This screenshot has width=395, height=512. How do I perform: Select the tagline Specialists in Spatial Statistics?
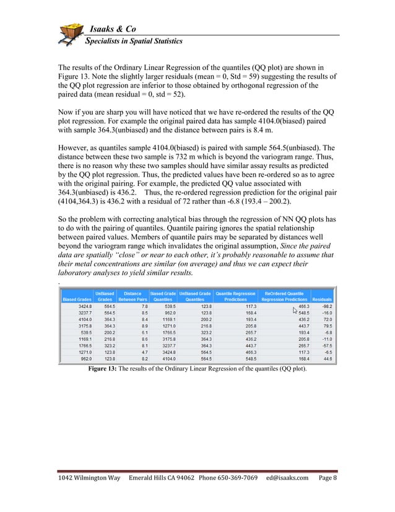point(133,42)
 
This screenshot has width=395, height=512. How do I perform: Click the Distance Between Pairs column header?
point(132,296)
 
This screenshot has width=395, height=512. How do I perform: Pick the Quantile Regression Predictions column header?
point(235,296)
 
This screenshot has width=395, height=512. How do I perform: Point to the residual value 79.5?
point(325,325)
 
